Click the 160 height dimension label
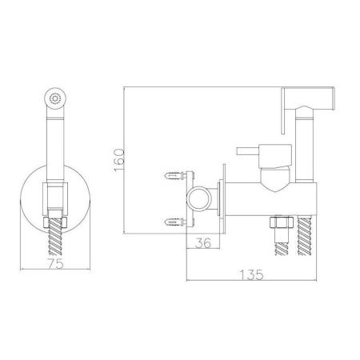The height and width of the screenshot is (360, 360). point(119,160)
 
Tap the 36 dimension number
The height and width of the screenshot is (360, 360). point(203,242)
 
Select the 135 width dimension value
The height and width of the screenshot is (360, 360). point(251,275)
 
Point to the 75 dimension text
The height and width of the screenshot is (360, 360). point(56,263)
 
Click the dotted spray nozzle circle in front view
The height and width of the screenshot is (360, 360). point(55,99)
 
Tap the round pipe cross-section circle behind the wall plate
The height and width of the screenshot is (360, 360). point(199,199)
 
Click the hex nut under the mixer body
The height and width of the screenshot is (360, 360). point(282,222)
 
